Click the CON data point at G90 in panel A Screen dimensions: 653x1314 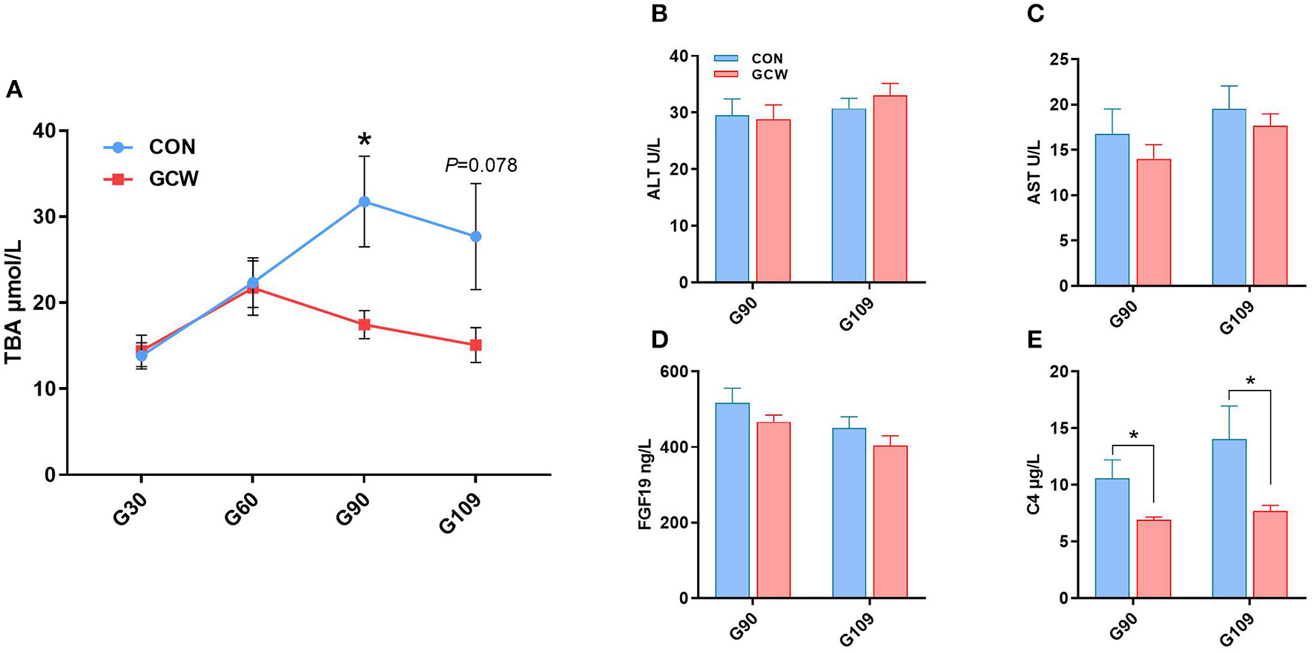coord(364,202)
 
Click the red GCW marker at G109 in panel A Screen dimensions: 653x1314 coord(475,345)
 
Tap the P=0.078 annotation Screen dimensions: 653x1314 coord(481,165)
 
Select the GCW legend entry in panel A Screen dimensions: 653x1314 coord(173,179)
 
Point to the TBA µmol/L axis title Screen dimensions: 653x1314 coord(13,302)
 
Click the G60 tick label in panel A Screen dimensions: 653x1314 coord(241,509)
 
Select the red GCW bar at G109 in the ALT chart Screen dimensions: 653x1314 coord(890,189)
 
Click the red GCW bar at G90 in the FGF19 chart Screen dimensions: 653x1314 coord(773,510)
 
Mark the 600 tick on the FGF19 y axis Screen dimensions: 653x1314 coord(673,371)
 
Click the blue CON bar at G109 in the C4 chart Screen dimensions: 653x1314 coord(1229,519)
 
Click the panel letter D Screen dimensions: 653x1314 coord(659,339)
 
